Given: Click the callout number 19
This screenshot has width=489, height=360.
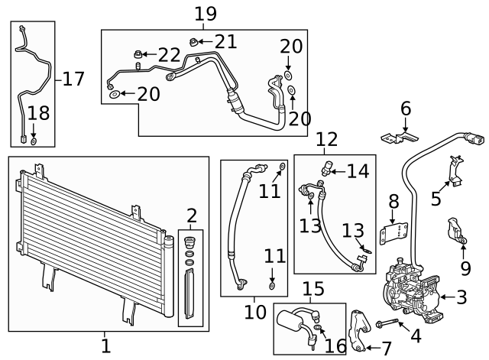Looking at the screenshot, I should pyautogui.click(x=206, y=13).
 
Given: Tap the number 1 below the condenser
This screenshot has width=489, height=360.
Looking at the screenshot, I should pyautogui.click(x=106, y=345).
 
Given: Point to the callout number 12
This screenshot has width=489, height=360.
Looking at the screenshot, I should pyautogui.click(x=326, y=139).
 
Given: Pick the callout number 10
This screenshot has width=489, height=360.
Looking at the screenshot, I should pyautogui.click(x=255, y=312).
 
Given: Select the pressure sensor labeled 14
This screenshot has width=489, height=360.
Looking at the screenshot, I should pyautogui.click(x=329, y=167).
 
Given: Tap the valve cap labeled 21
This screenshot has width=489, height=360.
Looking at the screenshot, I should pyautogui.click(x=194, y=41).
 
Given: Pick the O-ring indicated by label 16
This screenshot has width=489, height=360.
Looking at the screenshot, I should pyautogui.click(x=318, y=331).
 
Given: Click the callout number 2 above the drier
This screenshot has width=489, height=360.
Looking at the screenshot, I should pyautogui.click(x=191, y=216).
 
